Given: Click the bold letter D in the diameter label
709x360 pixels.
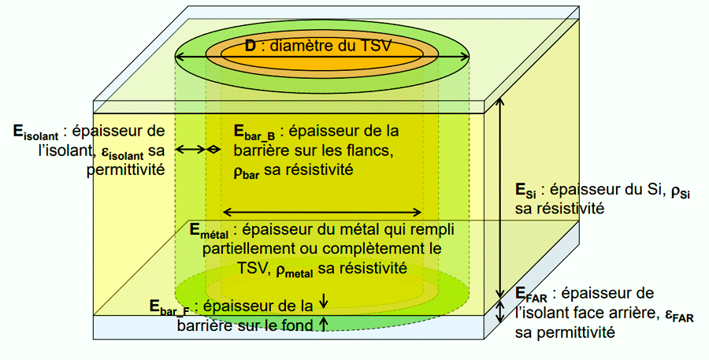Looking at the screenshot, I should coord(250,46).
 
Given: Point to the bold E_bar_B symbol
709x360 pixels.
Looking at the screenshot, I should coord(254,132).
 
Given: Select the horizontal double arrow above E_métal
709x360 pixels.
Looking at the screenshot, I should coord(323,211).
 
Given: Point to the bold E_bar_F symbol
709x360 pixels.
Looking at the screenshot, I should coord(169,307).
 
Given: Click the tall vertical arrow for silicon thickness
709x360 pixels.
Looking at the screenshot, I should coord(499,201).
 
